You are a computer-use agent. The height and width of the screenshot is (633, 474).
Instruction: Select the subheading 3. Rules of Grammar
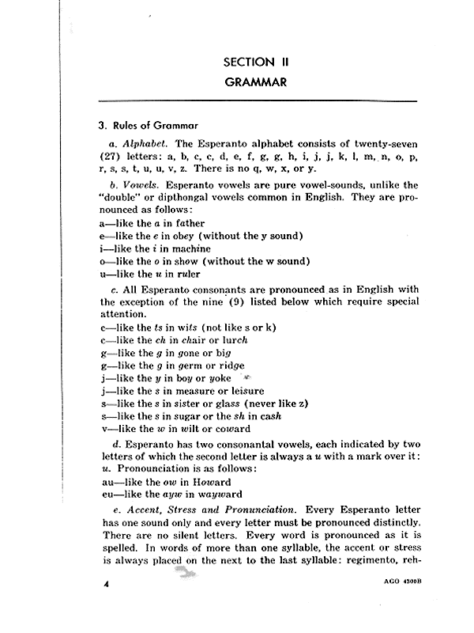pyautogui.click(x=148, y=125)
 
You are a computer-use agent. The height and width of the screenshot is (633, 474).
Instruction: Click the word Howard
pyautogui.click(x=210, y=483)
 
